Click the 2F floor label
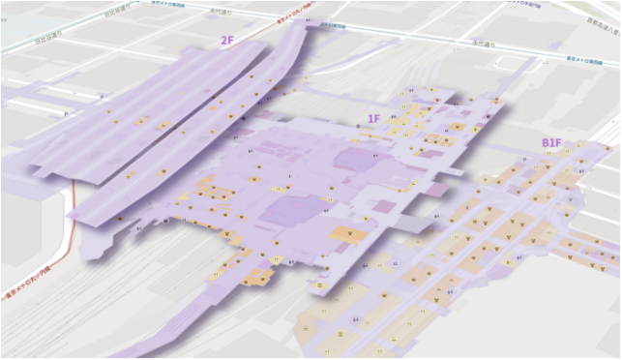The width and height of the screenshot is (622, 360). click(227, 41)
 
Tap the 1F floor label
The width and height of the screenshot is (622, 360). click(372, 119)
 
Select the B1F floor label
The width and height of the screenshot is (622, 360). click(551, 143)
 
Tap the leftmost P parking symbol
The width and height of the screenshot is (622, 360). click(65, 112)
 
